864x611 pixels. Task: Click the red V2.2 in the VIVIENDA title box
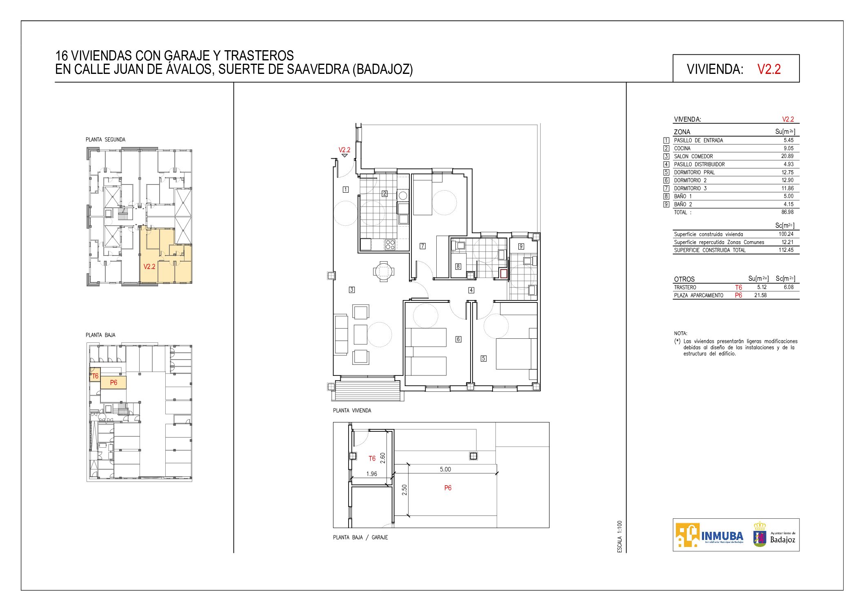[x=769, y=69]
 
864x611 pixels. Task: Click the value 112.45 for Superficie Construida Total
[x=786, y=250]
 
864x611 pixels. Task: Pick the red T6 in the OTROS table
[x=738, y=287]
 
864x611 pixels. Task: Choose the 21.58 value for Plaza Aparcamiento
[x=760, y=296]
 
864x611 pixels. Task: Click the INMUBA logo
[x=709, y=535]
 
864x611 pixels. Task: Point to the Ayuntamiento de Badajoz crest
[x=760, y=534]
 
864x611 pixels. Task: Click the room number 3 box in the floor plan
[x=352, y=290]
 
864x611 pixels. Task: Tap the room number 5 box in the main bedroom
[x=484, y=359]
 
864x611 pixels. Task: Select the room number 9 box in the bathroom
[x=521, y=246]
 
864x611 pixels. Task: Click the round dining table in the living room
[x=384, y=271]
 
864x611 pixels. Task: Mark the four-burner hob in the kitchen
[x=390, y=244]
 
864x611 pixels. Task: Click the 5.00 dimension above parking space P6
[x=445, y=469]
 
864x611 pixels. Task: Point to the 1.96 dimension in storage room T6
[x=371, y=474]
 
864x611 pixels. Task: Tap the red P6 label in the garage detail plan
[x=448, y=488]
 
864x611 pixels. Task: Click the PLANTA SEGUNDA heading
[x=105, y=140]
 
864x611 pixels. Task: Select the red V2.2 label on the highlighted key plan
[x=149, y=267]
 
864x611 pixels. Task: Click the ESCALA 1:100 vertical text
[x=620, y=537]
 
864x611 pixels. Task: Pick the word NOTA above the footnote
[x=680, y=333]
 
